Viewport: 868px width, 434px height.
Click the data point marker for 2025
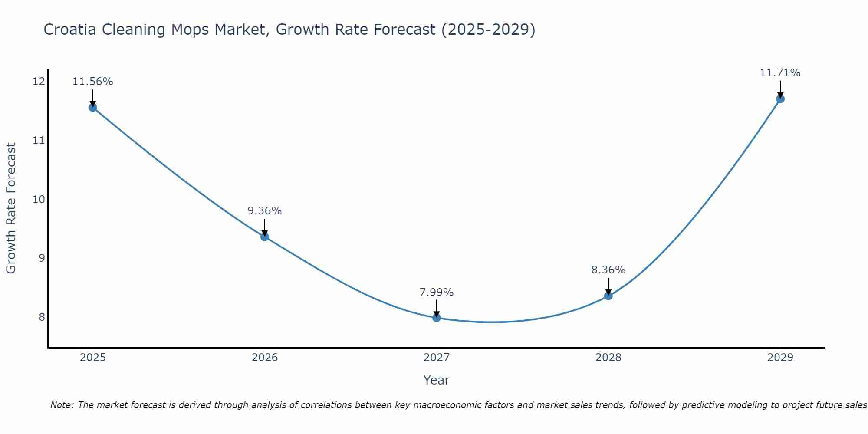click(x=93, y=108)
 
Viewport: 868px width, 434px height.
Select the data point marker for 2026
click(x=265, y=237)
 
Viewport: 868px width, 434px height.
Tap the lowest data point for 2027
click(x=437, y=318)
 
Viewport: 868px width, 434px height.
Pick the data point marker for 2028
click(x=608, y=296)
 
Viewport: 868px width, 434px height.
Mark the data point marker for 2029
click(x=780, y=99)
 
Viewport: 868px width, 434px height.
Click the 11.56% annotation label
click(x=93, y=82)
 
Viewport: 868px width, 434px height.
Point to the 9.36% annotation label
click(x=265, y=211)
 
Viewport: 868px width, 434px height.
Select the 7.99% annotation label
click(x=437, y=293)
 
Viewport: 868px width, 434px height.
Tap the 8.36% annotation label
click(x=608, y=270)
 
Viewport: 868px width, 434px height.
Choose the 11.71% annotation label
click(x=780, y=73)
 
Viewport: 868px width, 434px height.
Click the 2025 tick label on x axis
click(x=93, y=358)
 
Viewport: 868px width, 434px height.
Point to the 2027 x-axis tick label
click(x=437, y=358)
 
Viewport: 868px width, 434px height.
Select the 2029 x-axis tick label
click(x=780, y=358)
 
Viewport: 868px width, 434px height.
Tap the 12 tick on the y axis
click(x=39, y=82)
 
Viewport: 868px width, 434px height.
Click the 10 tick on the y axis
click(x=39, y=199)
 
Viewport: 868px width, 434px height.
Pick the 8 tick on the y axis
click(x=42, y=317)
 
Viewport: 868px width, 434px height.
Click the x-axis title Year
click(x=437, y=380)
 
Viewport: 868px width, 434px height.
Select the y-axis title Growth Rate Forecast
click(x=11, y=208)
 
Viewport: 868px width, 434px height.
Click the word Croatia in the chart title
click(x=71, y=30)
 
